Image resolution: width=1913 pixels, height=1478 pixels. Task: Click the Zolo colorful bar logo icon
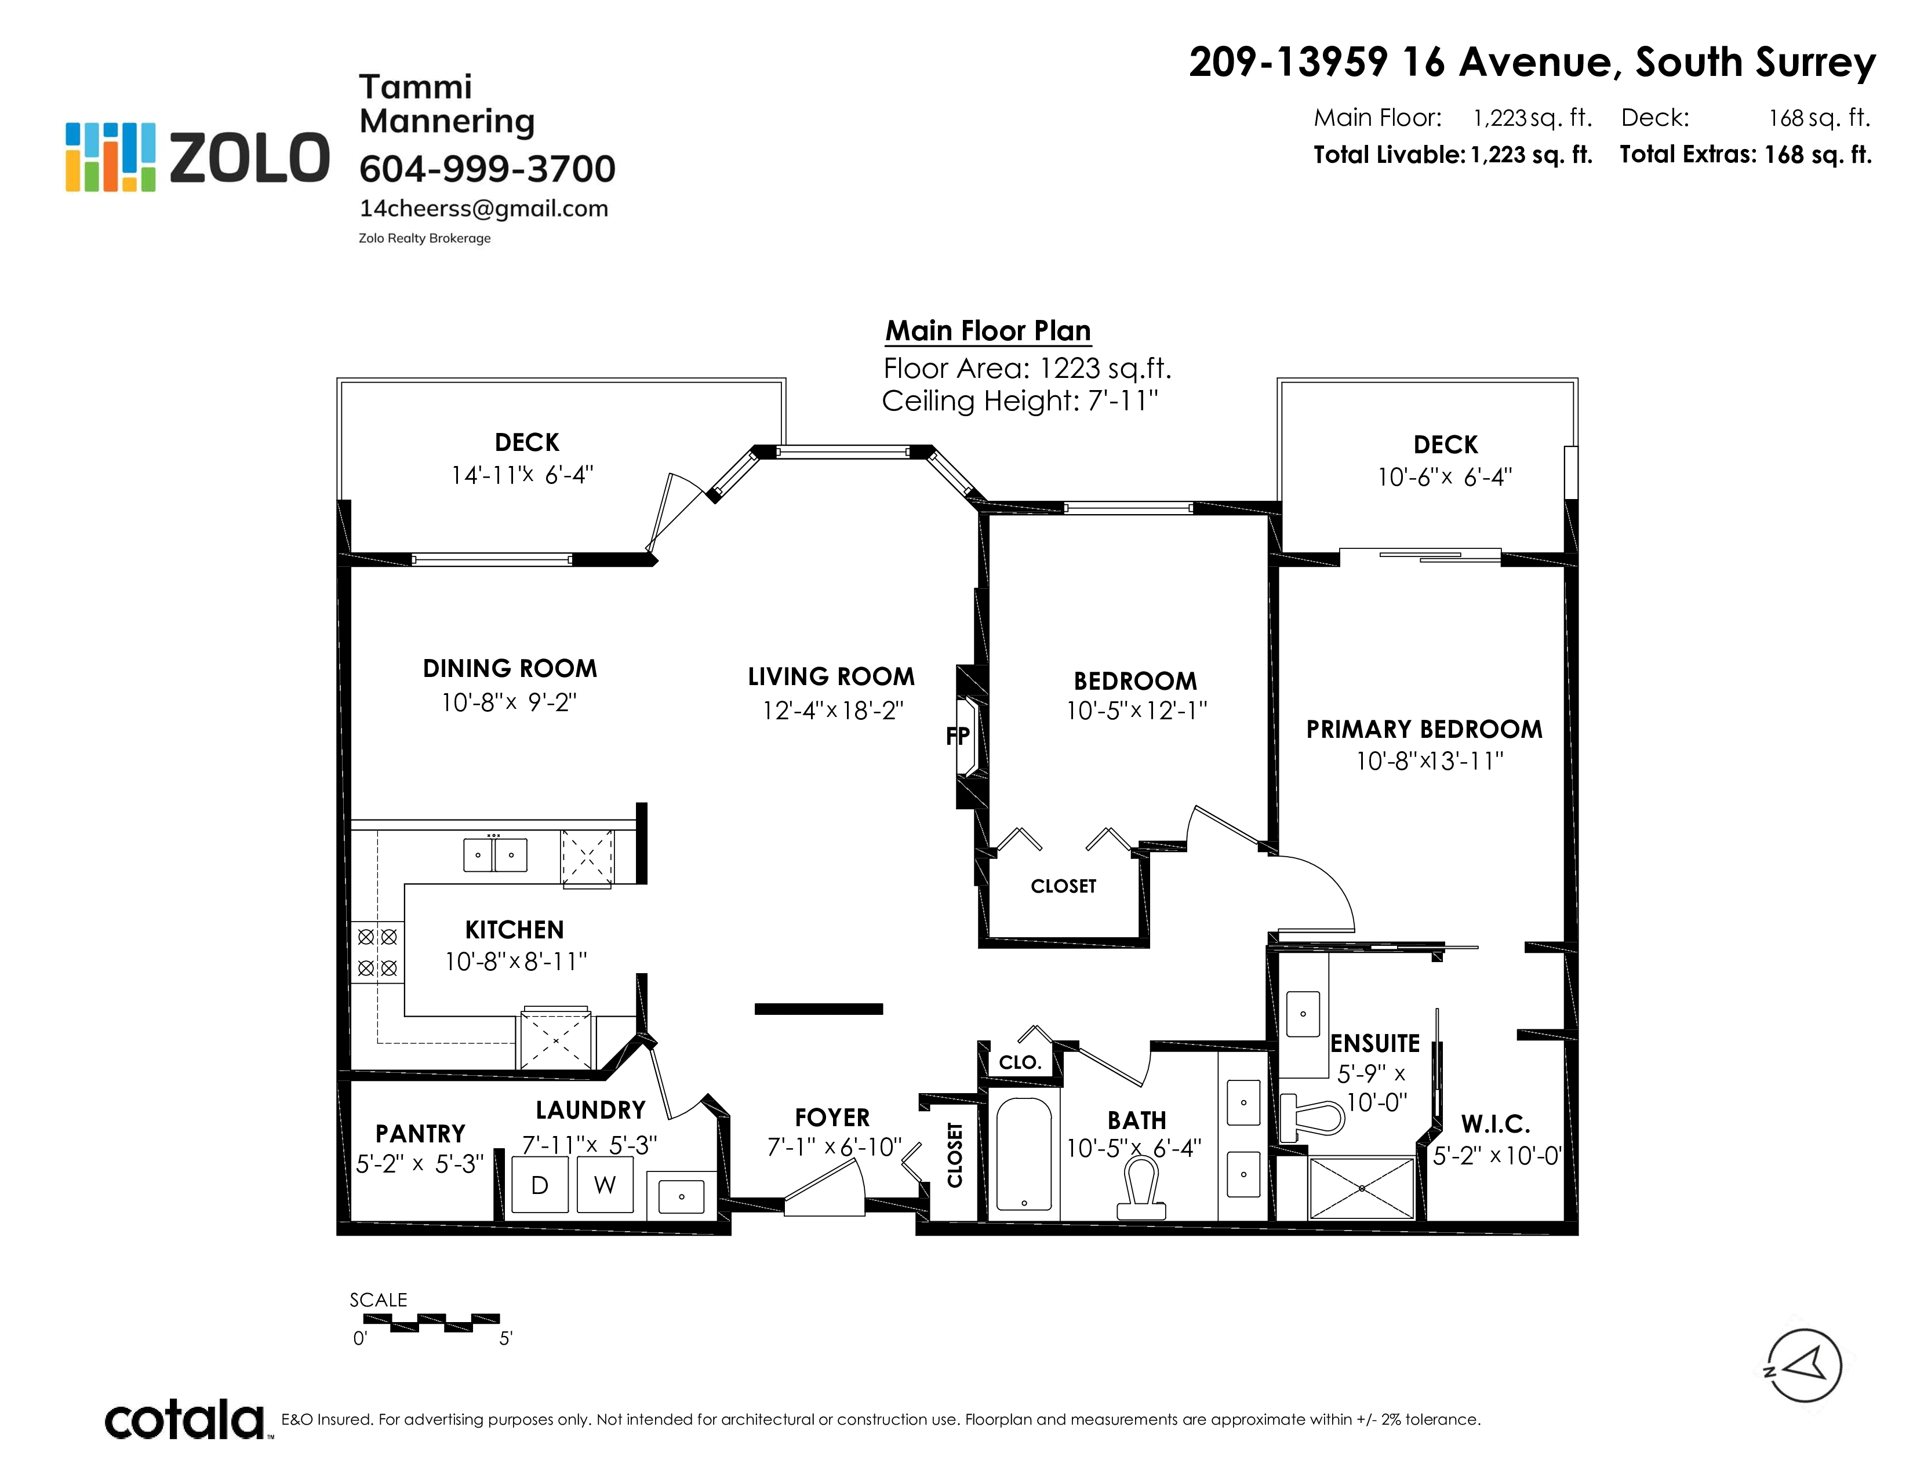[110, 156]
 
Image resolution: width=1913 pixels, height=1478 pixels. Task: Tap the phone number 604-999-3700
[487, 169]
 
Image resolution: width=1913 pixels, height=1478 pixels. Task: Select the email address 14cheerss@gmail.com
[483, 209]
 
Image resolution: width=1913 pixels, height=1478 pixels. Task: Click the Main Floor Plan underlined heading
[988, 331]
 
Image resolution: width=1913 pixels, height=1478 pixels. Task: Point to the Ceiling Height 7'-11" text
[1020, 401]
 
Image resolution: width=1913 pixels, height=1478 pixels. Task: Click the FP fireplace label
[958, 736]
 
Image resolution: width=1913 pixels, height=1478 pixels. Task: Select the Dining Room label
[510, 669]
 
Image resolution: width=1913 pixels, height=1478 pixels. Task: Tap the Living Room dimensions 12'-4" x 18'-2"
[832, 710]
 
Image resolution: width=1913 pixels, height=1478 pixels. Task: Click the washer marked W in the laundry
[605, 1185]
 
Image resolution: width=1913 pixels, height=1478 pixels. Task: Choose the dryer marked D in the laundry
[540, 1185]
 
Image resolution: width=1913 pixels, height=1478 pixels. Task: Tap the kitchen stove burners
[377, 953]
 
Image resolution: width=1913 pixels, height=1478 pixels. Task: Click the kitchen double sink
[495, 854]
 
